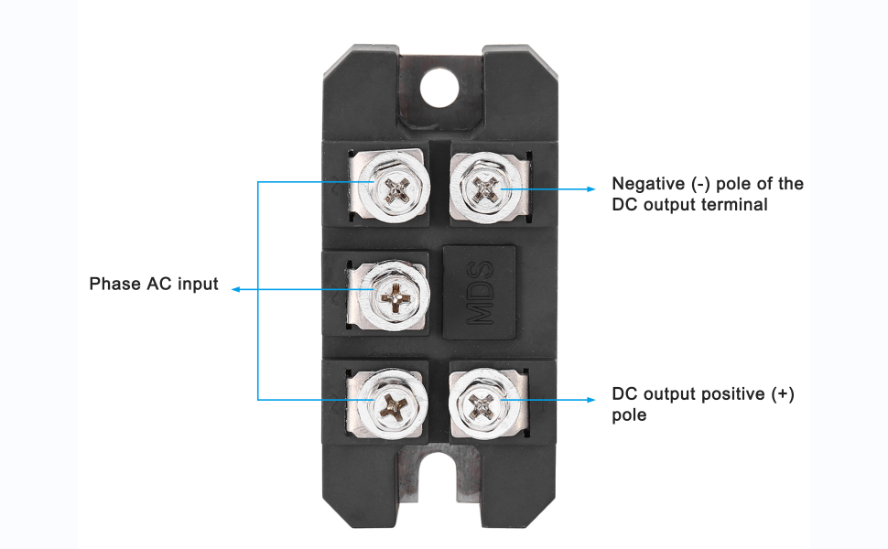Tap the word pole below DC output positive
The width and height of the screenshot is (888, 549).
coord(629,415)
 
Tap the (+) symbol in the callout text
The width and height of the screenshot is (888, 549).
coord(783,394)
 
